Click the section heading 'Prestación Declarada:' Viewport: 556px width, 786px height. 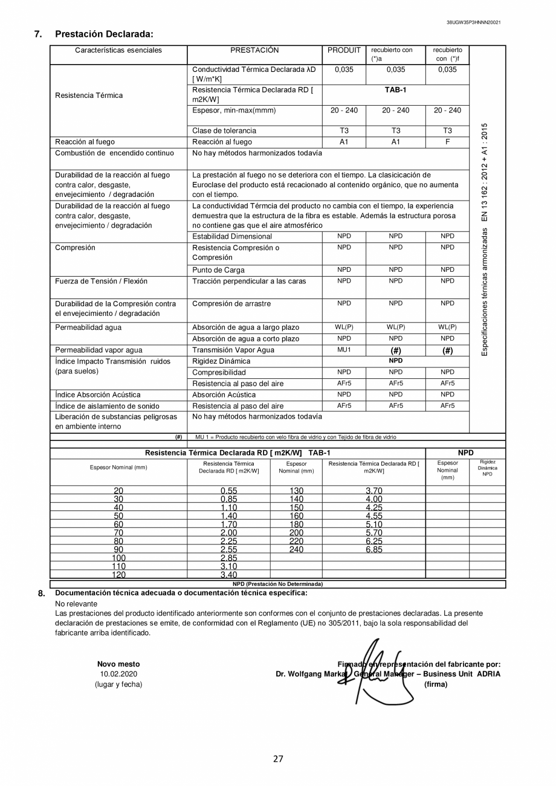104,34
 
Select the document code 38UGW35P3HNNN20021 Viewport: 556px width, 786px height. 473,22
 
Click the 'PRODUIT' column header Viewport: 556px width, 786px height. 344,51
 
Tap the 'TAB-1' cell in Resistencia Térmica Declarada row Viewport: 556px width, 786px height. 395,90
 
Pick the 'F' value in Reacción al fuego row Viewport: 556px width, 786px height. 447,142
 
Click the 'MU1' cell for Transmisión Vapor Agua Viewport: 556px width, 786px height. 344,350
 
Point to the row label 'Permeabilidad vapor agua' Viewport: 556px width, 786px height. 99,350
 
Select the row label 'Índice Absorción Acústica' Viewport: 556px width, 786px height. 97,395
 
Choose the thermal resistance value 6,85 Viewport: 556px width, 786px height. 373,550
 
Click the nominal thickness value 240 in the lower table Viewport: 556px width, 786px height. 296,550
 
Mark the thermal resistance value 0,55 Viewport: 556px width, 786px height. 228,491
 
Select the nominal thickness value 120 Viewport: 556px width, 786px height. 118,575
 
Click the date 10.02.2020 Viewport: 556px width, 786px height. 118,674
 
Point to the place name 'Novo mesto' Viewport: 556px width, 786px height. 118,663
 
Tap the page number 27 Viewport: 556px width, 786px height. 278,759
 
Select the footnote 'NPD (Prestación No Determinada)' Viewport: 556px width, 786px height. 277,584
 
